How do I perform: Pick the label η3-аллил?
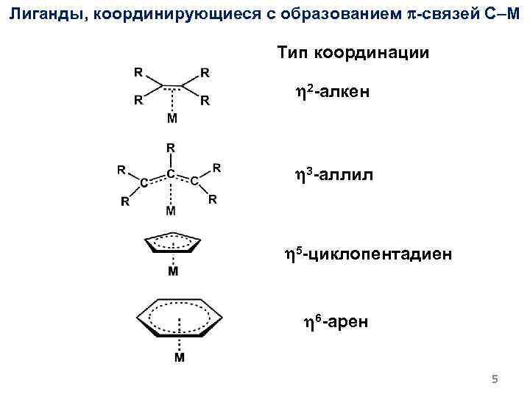[334, 175]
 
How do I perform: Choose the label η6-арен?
[337, 321]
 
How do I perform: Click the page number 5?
[495, 379]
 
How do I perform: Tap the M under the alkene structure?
[172, 118]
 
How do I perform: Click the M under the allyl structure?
[171, 212]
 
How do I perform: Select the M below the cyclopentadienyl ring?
[172, 272]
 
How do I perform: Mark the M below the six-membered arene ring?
[179, 358]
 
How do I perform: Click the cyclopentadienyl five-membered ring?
[172, 243]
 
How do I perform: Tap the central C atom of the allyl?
[171, 174]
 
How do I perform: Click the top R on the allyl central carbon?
[171, 147]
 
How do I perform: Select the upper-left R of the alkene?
[138, 73]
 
